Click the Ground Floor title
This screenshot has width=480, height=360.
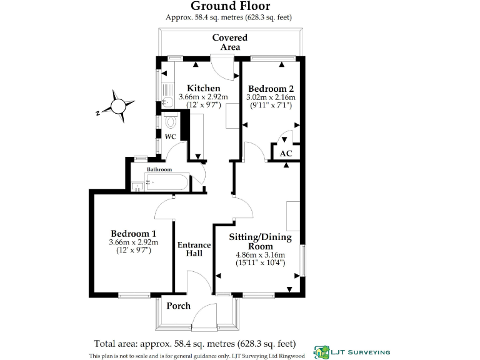click(230, 7)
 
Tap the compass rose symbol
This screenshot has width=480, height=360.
click(117, 104)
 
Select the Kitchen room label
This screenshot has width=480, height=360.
click(203, 88)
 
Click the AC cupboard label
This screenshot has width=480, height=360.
click(286, 153)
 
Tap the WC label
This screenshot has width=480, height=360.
click(170, 136)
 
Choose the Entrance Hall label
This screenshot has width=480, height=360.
click(194, 249)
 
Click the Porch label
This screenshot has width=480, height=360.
click(178, 306)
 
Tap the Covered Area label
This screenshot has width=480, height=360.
click(229, 42)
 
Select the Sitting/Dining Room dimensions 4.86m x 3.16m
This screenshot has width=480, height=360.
click(260, 255)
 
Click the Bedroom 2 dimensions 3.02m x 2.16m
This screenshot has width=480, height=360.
click(271, 97)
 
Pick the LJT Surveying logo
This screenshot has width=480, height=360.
click(351, 352)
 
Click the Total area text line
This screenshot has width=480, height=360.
click(194, 343)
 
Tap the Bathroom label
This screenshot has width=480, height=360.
click(159, 169)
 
